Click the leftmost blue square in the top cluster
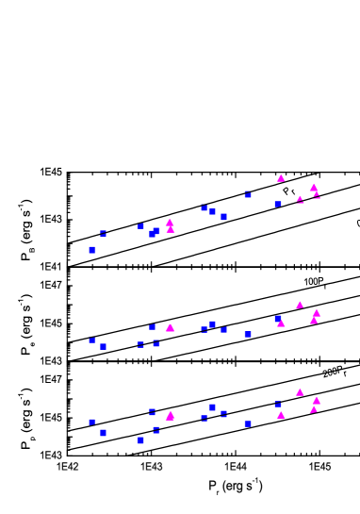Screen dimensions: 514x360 pyautogui.click(x=92, y=250)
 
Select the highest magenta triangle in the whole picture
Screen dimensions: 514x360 pyautogui.click(x=281, y=178)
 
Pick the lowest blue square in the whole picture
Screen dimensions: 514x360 pyautogui.click(x=140, y=440)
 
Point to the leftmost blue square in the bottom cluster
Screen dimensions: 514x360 pyautogui.click(x=92, y=423)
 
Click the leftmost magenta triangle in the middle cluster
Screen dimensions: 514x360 pyautogui.click(x=170, y=328)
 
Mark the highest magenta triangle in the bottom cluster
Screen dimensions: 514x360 pyautogui.click(x=300, y=392)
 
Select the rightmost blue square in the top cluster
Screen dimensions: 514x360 pyautogui.click(x=278, y=204)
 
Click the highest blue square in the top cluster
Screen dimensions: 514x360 pyautogui.click(x=248, y=194)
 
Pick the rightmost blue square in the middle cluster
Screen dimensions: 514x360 pyautogui.click(x=278, y=319)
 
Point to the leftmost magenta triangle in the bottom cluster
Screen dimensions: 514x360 pyautogui.click(x=170, y=416)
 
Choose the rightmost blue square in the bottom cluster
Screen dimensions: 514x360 pyautogui.click(x=278, y=405)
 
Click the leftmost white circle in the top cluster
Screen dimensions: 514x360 pyautogui.click(x=163, y=221)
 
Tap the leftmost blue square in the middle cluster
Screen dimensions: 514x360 pyautogui.click(x=92, y=340)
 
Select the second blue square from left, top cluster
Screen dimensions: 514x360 pyautogui.click(x=104, y=233)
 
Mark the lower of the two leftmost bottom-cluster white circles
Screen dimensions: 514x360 pyautogui.click(x=163, y=407)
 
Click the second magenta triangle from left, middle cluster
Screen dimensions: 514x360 pyautogui.click(x=281, y=323)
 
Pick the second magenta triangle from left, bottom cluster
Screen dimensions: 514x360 pyautogui.click(x=281, y=415)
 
